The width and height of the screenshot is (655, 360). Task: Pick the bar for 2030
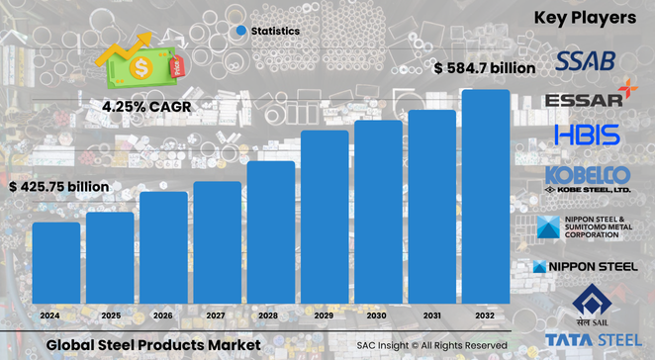pyautogui.click(x=378, y=212)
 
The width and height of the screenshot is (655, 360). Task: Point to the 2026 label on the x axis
pyautogui.click(x=163, y=315)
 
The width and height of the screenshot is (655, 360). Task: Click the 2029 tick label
pyautogui.click(x=325, y=315)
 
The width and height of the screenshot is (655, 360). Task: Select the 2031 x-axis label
pyautogui.click(x=432, y=315)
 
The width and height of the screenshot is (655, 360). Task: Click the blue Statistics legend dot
pyautogui.click(x=240, y=31)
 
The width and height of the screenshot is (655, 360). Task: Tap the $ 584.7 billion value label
pyautogui.click(x=485, y=69)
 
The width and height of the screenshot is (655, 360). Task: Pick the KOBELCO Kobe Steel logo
pyautogui.click(x=588, y=179)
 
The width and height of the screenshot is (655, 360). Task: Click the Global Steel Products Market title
pyautogui.click(x=152, y=344)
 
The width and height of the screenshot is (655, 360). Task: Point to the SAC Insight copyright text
pyautogui.click(x=432, y=345)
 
